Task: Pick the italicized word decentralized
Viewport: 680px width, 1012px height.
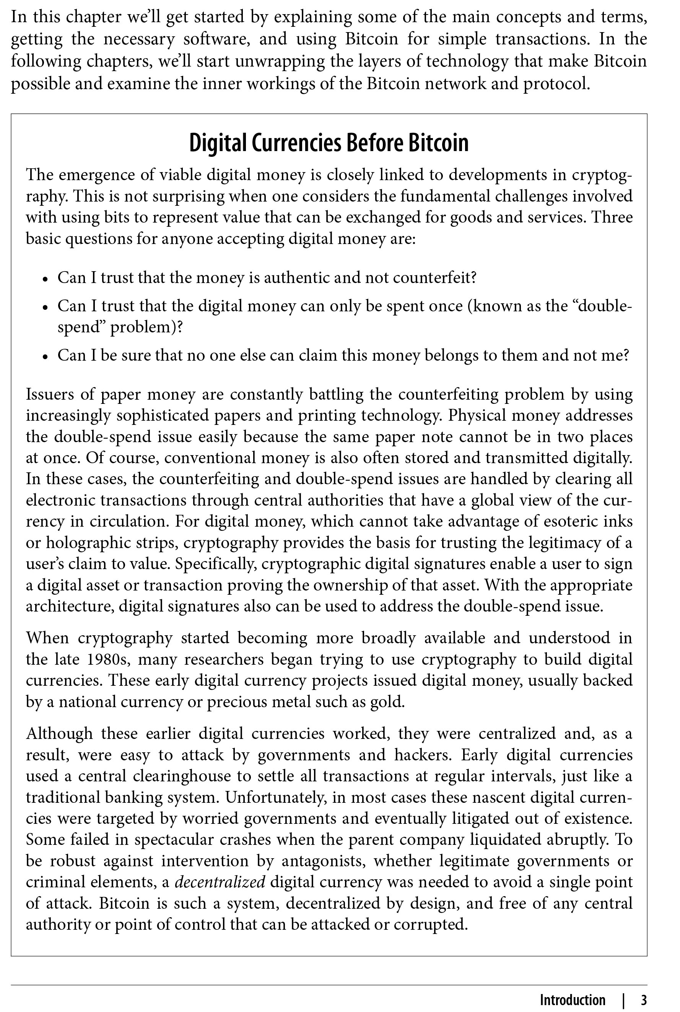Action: coord(220,882)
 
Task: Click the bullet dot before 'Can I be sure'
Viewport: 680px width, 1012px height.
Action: coord(45,357)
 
